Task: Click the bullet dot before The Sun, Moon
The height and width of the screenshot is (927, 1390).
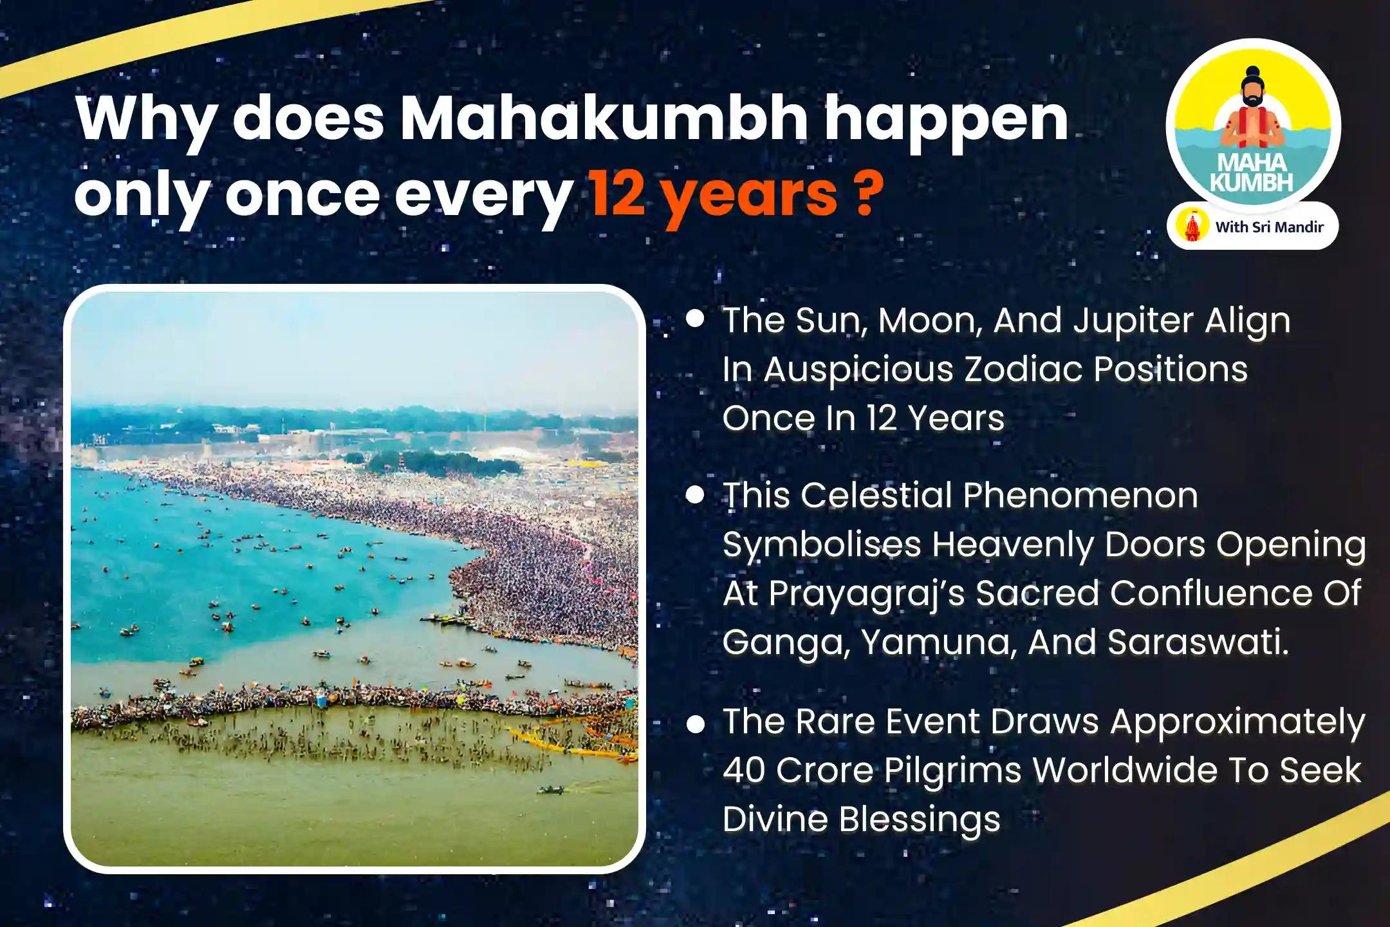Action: (x=694, y=319)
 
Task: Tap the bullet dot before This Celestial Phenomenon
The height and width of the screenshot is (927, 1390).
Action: (x=694, y=494)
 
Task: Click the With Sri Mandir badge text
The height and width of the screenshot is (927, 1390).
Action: (x=1269, y=227)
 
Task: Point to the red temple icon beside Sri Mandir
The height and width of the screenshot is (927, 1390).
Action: (x=1192, y=227)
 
